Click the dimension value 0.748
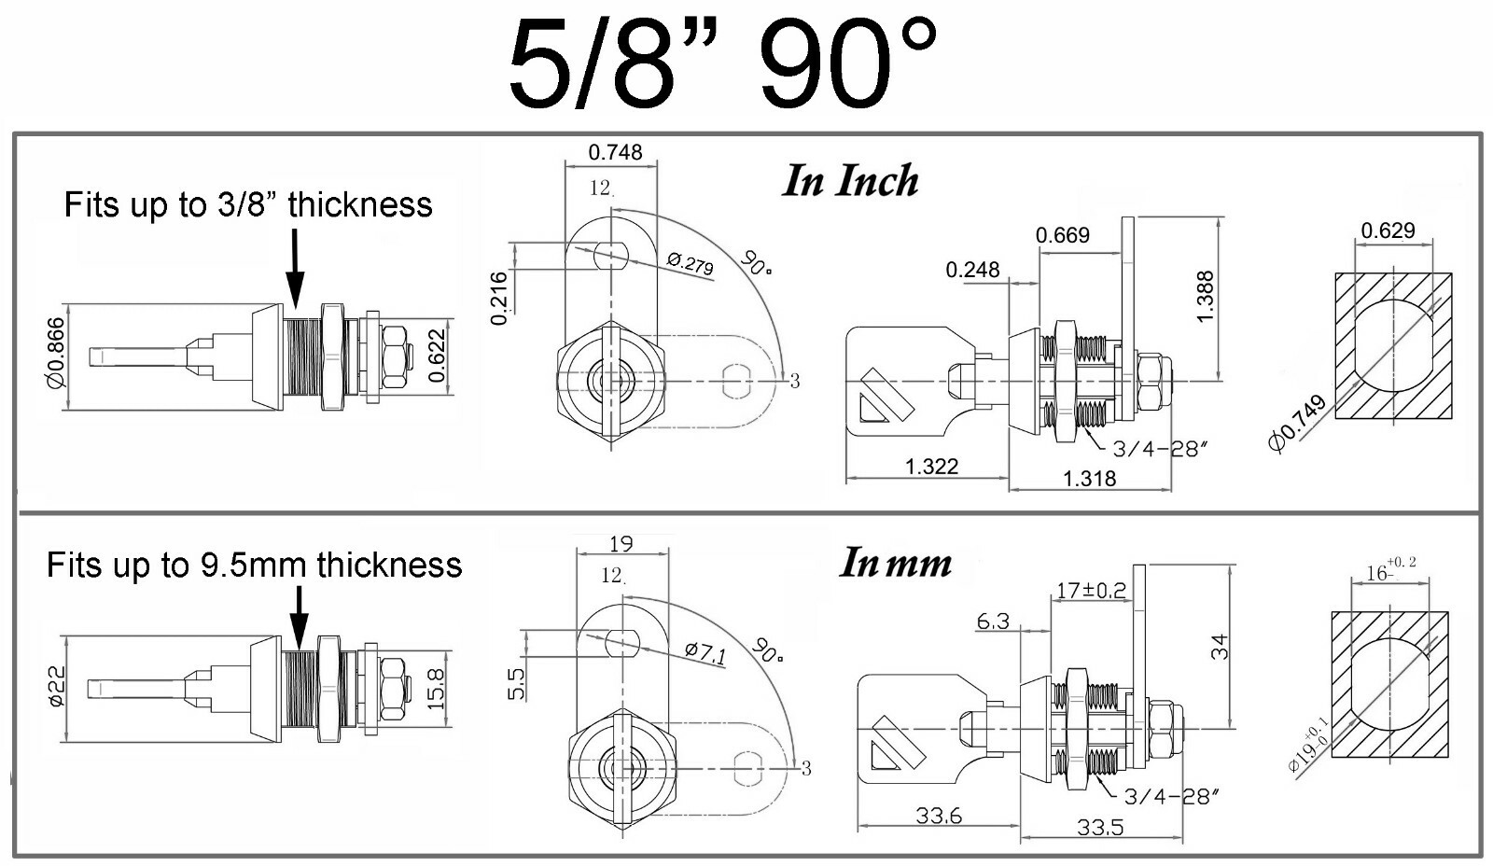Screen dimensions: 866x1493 (615, 152)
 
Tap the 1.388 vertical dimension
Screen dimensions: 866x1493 (1205, 297)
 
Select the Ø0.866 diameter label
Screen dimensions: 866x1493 (56, 353)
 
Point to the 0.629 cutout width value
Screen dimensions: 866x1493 (1388, 230)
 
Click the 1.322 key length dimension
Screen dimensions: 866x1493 (931, 466)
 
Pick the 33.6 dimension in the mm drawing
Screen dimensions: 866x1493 (938, 816)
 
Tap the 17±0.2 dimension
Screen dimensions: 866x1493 (1091, 590)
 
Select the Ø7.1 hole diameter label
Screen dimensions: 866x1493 (705, 652)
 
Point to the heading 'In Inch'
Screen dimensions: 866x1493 (850, 181)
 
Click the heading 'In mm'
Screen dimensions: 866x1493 (895, 563)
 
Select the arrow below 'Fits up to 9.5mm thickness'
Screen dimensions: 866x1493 (299, 617)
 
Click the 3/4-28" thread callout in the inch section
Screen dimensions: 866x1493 (1160, 449)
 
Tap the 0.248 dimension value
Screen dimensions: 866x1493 (972, 270)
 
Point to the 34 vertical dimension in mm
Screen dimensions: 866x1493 (1220, 646)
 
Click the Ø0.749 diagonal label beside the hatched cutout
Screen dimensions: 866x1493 (1297, 424)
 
